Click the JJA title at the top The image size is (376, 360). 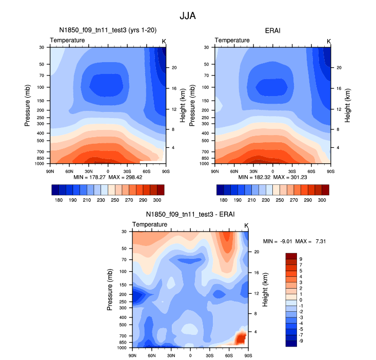point(188,15)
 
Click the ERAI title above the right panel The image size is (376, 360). point(272,31)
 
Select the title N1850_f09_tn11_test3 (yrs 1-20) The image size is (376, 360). point(107,31)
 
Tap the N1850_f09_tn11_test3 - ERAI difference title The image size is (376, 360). point(190,215)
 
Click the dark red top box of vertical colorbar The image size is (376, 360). point(291,256)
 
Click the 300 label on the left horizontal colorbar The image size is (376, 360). point(157,199)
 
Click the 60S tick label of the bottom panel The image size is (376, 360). point(229,355)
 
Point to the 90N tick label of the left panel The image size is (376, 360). point(50,170)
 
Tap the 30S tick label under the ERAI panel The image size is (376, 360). point(292,170)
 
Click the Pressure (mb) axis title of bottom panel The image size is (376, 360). point(110,290)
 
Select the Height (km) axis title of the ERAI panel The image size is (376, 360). point(348,104)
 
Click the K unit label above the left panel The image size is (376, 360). point(164,41)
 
